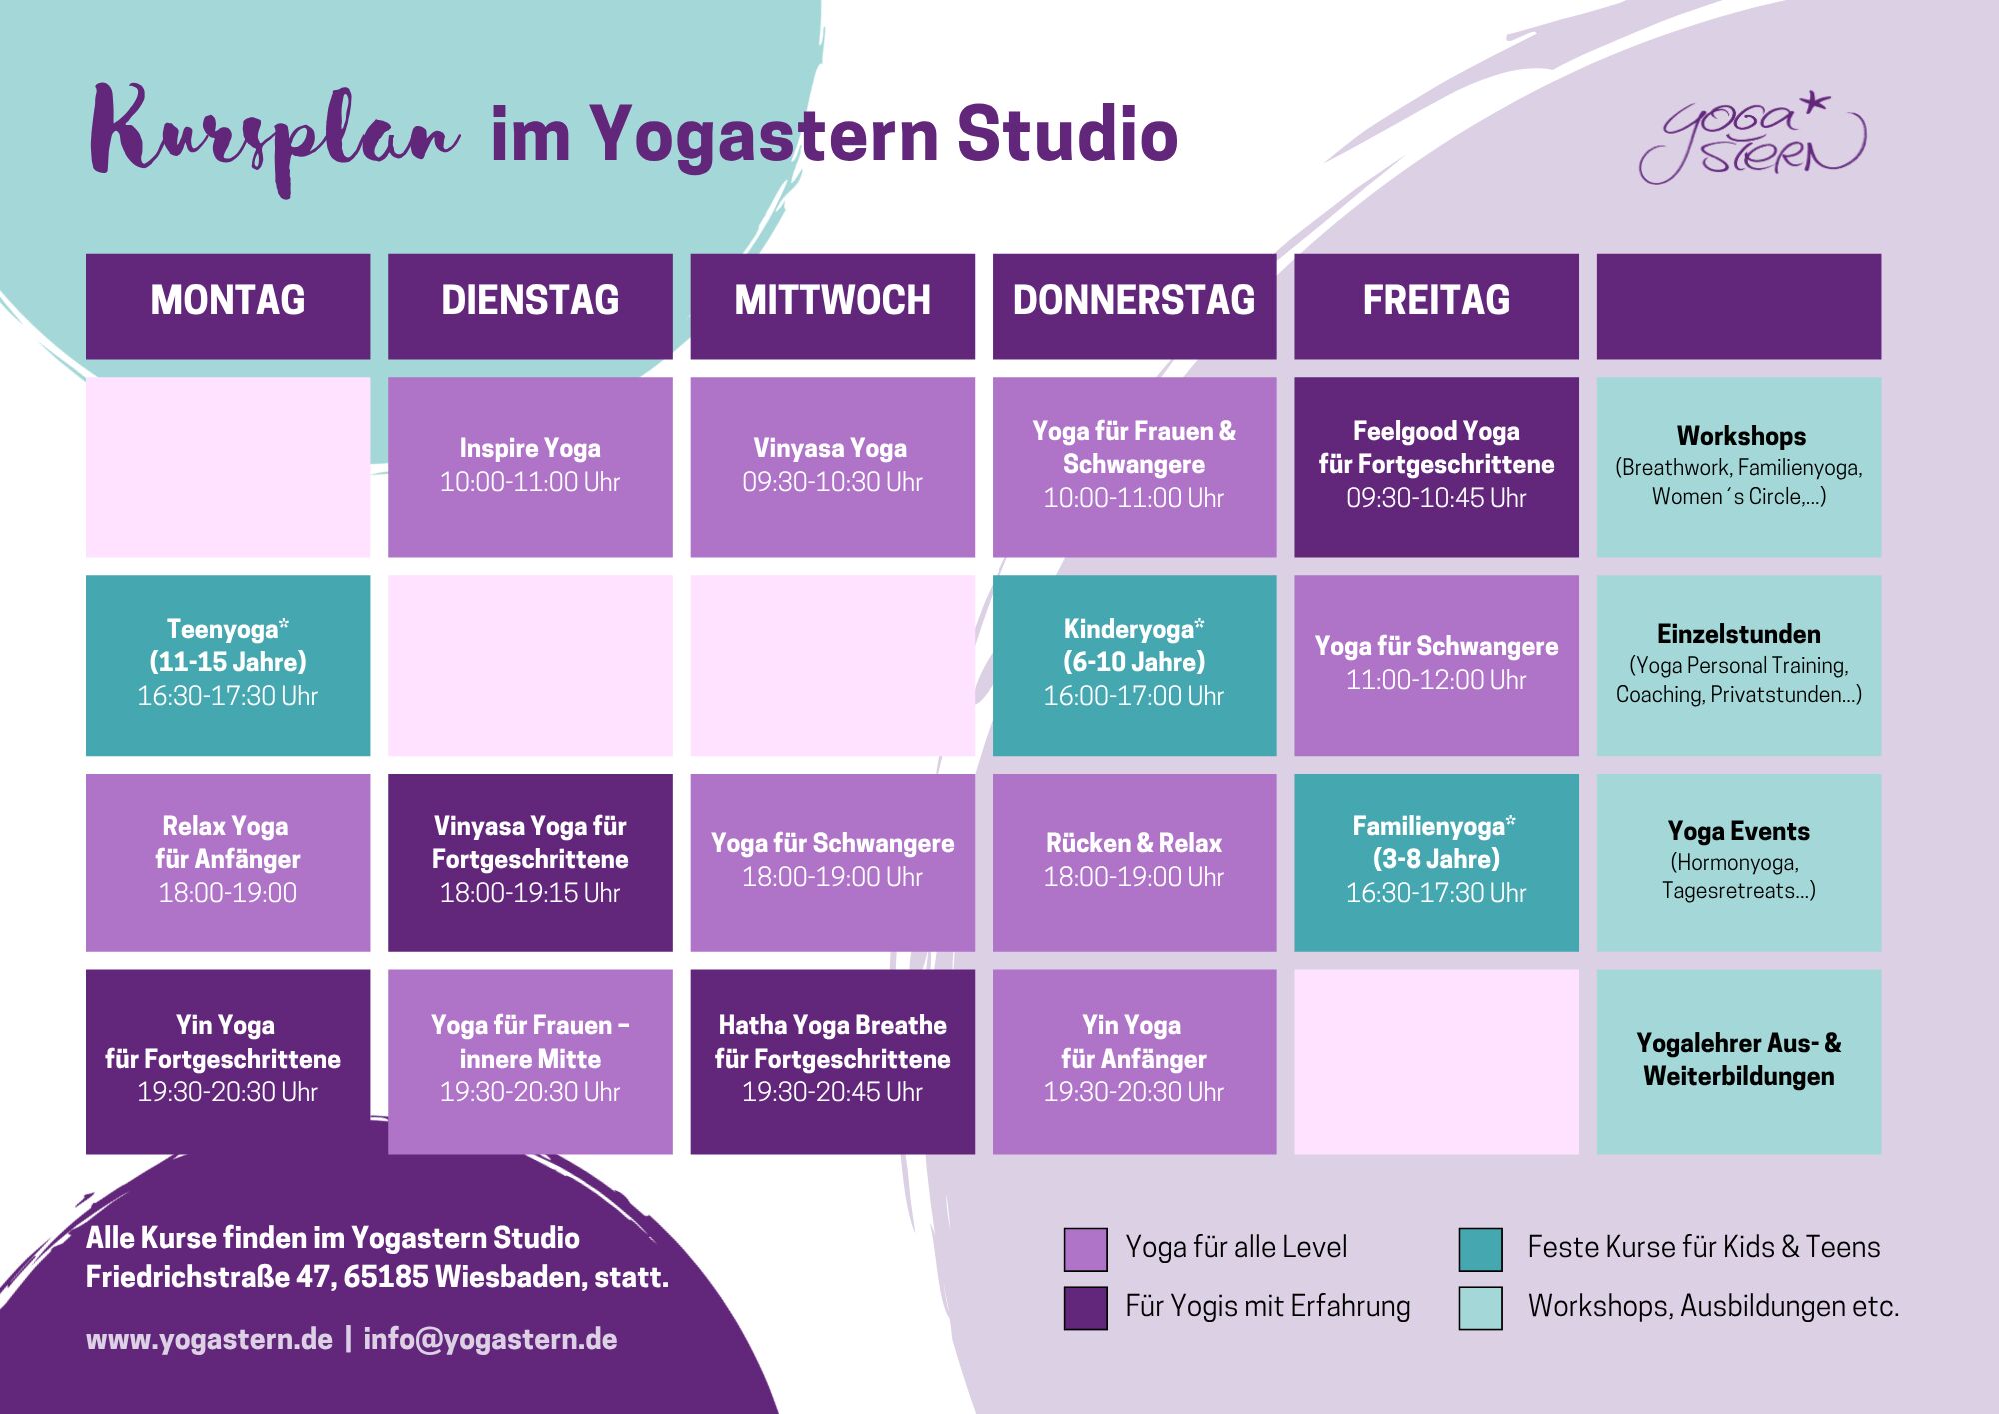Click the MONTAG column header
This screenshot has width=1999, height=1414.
click(x=228, y=306)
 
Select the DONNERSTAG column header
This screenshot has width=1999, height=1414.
click(x=1134, y=306)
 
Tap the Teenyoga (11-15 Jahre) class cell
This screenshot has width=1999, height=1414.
click(x=228, y=665)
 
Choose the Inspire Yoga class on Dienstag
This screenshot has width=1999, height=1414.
click(x=530, y=467)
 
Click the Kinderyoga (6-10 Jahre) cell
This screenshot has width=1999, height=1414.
click(x=1134, y=665)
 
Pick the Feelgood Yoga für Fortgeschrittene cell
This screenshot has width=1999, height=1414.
click(x=1436, y=467)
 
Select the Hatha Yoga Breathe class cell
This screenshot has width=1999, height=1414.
click(x=832, y=1061)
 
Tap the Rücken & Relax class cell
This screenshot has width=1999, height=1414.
click(x=1134, y=862)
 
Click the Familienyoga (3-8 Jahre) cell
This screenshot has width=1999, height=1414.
click(x=1436, y=862)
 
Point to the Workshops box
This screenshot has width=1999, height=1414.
click(x=1739, y=467)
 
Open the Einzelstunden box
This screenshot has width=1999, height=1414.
click(x=1739, y=665)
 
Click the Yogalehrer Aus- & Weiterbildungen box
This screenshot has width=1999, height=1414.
click(x=1739, y=1061)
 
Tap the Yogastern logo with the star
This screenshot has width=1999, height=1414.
click(x=1752, y=139)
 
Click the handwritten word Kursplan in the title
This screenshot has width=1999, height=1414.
click(x=274, y=138)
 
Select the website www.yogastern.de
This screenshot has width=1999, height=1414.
click(x=209, y=1339)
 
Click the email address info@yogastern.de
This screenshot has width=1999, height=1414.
click(x=490, y=1339)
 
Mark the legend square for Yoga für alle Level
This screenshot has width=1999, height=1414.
click(x=1086, y=1249)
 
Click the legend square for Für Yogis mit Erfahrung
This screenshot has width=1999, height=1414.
click(x=1086, y=1308)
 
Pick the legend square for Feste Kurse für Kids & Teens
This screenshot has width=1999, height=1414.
click(x=1481, y=1249)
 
